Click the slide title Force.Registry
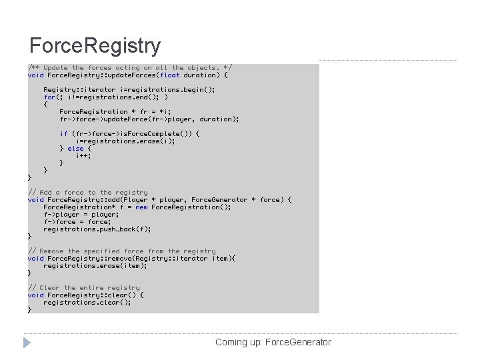95,46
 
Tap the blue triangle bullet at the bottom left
27,343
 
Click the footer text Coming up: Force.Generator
273,342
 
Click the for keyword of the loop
49,97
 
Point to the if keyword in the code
64,133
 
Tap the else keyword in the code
75,148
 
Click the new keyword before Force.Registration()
141,207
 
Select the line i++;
83,155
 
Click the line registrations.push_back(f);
97,229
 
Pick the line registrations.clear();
87,302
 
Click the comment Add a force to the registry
88,192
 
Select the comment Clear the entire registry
84,287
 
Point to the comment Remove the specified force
122,251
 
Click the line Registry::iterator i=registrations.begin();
129,89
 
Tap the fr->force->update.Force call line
149,119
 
